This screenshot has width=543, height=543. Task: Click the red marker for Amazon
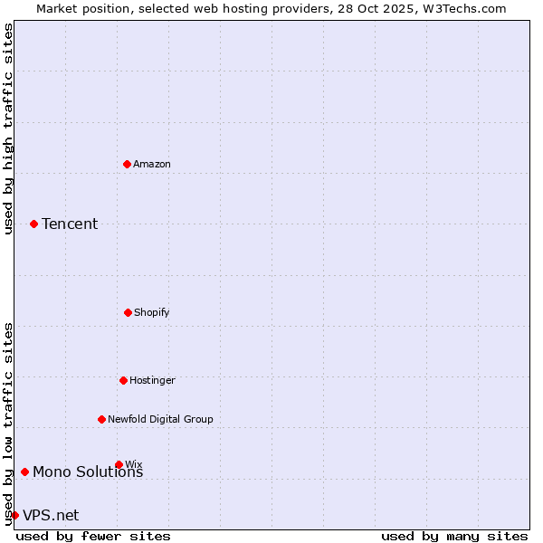click(x=128, y=164)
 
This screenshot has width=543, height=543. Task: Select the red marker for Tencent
click(x=34, y=224)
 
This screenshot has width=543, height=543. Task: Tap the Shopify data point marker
click(x=128, y=312)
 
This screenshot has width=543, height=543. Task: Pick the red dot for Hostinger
click(x=123, y=380)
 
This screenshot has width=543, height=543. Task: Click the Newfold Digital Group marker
click(x=101, y=419)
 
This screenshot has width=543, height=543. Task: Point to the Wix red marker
click(x=119, y=464)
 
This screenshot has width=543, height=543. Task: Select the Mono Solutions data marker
click(x=25, y=472)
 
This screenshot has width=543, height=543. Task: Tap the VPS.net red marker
click(x=14, y=515)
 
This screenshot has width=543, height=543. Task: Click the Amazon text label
click(x=152, y=164)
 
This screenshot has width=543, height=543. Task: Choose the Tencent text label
click(x=70, y=224)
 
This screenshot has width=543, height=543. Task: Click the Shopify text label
click(x=152, y=312)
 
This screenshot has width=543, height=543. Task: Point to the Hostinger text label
click(x=152, y=380)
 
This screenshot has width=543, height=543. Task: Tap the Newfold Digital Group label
click(x=160, y=419)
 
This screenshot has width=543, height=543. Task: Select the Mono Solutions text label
click(x=88, y=472)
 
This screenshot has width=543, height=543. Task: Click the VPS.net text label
click(x=51, y=516)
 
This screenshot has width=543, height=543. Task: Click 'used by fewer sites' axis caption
click(x=93, y=537)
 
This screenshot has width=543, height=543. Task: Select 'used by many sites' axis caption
click(x=454, y=537)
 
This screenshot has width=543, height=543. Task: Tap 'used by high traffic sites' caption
click(x=8, y=129)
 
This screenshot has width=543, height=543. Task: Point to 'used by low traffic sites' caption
click(x=8, y=423)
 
